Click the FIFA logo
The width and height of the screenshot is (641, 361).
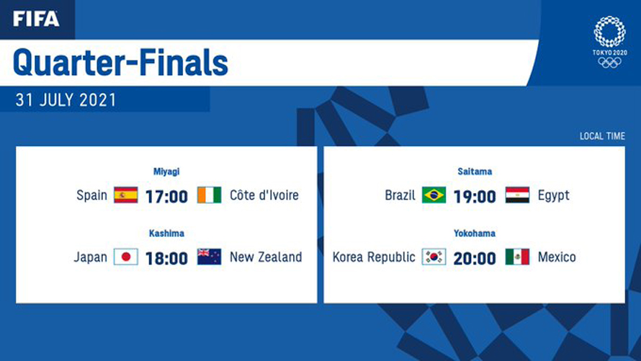pos(36,19)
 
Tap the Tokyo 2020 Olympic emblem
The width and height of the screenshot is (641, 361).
pos(609,42)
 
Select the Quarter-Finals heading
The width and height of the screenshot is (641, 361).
pos(120,63)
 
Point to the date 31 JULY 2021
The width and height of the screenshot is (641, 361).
pos(66,100)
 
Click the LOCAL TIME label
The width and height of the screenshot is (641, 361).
pos(602,136)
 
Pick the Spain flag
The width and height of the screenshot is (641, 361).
pos(126,195)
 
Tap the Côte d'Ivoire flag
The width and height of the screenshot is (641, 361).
pos(210,195)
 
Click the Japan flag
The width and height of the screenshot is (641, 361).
pos(126,257)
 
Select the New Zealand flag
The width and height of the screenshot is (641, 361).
pos(210,257)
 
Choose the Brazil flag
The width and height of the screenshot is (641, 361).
pos(434,195)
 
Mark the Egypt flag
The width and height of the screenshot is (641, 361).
pos(518,195)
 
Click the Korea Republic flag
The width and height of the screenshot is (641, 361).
pos(434,257)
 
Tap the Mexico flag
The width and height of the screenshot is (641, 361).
pos(518,257)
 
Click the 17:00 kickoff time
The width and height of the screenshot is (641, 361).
pos(167,197)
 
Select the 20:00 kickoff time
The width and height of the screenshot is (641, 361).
pos(475,259)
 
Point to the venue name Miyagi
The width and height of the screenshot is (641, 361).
pos(166,171)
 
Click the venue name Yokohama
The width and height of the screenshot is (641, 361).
pos(475,233)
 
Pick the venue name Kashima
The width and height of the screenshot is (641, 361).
pos(166,233)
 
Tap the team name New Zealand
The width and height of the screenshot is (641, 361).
pos(266,257)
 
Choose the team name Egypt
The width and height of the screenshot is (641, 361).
pos(554,196)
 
